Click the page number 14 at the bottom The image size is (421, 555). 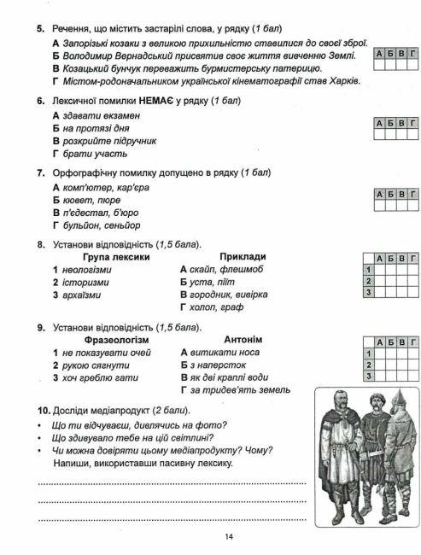tap(229, 536)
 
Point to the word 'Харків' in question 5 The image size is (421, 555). tap(340, 81)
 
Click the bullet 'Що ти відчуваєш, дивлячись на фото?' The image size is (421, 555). tap(126, 425)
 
